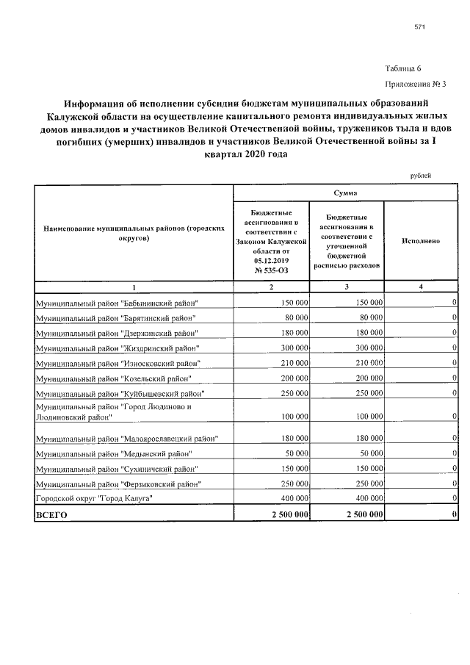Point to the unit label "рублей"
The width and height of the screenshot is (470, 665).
click(x=420, y=176)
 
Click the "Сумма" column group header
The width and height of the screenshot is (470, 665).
click(x=344, y=193)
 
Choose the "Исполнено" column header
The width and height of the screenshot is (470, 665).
click(x=421, y=240)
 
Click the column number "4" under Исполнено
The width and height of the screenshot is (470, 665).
click(x=421, y=287)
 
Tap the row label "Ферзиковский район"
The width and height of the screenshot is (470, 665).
click(x=118, y=484)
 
